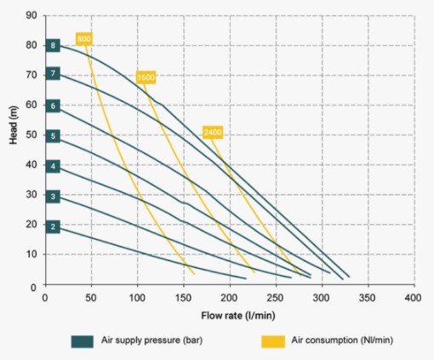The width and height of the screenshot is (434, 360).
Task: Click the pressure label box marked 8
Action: pos(53,45)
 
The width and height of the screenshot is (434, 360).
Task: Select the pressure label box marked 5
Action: pos(53,136)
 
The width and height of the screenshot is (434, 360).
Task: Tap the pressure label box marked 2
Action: pos(53,226)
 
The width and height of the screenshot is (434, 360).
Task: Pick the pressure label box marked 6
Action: pos(53,106)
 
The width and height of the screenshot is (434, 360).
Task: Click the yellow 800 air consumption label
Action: pos(84,39)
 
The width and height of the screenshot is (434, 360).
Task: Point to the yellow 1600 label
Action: pos(146,77)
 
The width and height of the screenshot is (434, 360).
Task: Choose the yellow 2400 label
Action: pos(213,132)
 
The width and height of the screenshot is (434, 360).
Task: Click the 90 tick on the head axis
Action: pos(31,15)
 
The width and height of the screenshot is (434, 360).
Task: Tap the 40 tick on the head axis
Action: pos(31,164)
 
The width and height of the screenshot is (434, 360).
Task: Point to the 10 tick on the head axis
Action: pos(31,254)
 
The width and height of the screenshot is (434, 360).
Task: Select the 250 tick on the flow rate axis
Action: pos(276,298)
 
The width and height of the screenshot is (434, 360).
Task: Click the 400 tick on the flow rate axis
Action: pos(414,298)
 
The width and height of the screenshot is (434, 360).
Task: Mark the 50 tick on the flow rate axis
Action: pos(91,298)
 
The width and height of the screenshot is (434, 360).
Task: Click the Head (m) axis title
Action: pos(14,125)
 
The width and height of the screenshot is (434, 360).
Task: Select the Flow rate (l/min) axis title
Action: pos(238,316)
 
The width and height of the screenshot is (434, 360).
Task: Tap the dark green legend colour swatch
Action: pos(83,341)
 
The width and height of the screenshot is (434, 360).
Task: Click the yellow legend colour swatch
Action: pos(273,341)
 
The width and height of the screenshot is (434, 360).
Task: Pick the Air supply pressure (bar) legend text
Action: pos(152,340)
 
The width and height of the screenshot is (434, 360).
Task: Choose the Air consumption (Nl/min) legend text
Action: pos(342,340)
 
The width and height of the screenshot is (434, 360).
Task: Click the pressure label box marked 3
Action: pos(53,197)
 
